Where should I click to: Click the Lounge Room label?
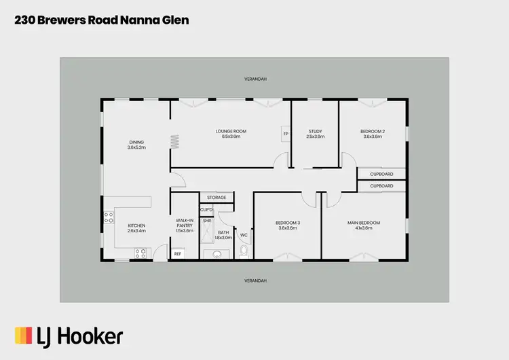231,131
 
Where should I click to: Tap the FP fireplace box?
285,133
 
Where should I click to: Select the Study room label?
315,131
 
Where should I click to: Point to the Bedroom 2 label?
373,131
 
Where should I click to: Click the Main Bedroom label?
364,223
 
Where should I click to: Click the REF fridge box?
178,253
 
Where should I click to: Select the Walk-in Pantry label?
185,223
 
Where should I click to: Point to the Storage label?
216,198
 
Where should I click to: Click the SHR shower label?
206,221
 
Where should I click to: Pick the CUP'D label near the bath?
206,209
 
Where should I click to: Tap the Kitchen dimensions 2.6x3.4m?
137,231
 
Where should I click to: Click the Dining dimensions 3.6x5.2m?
137,147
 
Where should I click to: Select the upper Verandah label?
255,79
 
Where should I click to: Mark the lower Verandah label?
255,280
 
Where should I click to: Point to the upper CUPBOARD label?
381,174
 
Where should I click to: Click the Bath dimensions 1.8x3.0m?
223,238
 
